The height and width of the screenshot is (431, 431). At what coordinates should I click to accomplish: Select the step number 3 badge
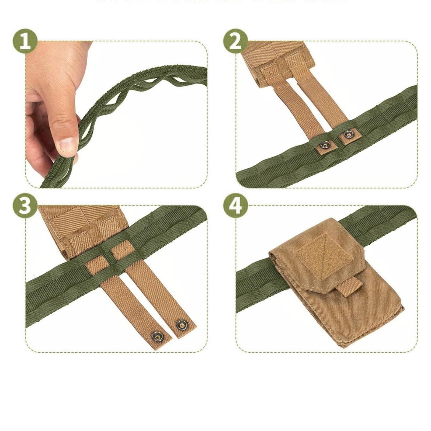tap(25, 207)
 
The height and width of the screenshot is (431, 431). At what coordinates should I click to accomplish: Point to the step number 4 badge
tap(235, 207)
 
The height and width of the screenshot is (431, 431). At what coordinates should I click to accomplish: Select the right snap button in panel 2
tap(346, 134)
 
